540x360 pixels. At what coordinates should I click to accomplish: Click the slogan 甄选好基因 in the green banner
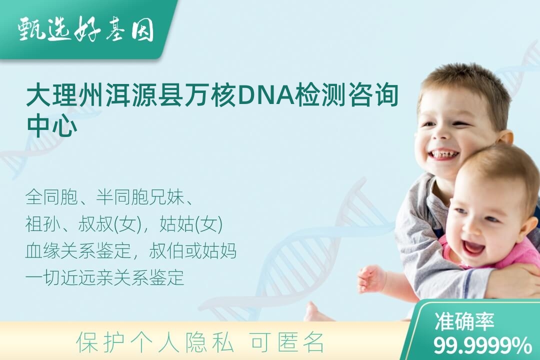(86, 29)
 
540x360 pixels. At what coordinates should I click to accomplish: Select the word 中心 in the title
(52, 125)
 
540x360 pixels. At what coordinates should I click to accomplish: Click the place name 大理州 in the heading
(64, 95)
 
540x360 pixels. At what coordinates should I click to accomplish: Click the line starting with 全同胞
(109, 197)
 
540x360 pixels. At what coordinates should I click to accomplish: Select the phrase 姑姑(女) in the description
(191, 224)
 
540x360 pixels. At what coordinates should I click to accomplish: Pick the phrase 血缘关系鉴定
(78, 251)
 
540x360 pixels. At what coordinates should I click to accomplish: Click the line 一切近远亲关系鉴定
(104, 277)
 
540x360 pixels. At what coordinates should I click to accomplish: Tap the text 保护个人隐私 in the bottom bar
(155, 341)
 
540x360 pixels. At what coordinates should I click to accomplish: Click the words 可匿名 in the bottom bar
(287, 341)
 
